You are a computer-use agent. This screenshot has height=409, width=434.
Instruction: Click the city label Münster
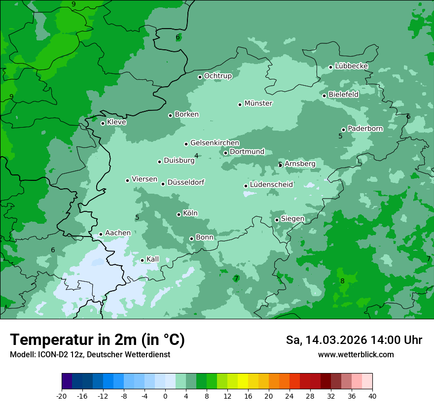coord(258,103)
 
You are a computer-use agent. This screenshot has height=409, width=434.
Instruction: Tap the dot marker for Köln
coord(179,214)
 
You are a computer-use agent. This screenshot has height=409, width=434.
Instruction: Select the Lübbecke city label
coord(351,66)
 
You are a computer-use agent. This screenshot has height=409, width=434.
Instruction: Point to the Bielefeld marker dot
coord(324,96)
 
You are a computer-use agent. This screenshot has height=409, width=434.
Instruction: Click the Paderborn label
coord(365,129)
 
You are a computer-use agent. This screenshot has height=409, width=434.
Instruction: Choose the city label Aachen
coord(118,233)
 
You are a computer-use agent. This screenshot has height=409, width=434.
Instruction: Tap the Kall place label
coord(152,259)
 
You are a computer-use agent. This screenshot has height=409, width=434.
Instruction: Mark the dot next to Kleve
coord(103,123)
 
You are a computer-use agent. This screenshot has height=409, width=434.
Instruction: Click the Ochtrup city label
coord(217,76)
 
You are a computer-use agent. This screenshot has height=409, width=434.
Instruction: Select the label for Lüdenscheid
coord(271,185)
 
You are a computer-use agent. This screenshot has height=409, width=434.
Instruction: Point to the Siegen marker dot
coord(277,220)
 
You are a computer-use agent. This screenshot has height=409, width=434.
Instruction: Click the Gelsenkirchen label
coord(215,143)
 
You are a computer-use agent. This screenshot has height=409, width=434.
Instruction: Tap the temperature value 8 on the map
coord(342,281)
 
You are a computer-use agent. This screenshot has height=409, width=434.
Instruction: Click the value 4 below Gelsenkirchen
coord(196,156)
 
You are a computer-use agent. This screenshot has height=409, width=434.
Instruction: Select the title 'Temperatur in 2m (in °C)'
coord(97,340)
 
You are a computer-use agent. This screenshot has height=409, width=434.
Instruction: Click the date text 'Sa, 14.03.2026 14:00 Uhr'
coord(354,340)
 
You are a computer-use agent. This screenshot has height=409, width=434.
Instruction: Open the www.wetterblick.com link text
coord(356,354)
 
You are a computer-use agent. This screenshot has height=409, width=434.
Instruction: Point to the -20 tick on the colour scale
coord(62,396)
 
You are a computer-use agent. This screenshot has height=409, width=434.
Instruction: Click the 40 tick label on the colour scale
coord(372,396)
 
